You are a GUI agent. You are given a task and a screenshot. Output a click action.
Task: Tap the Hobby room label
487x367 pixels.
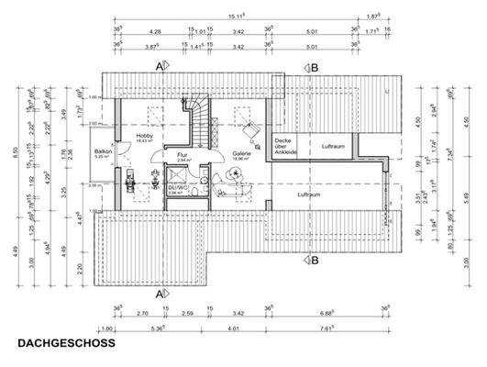coord(145,137)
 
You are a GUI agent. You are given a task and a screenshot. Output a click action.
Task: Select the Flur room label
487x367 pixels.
coord(183,154)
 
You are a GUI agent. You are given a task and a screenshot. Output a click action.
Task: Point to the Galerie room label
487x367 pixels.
coord(241,154)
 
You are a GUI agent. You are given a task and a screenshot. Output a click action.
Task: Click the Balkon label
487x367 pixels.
coord(103,152)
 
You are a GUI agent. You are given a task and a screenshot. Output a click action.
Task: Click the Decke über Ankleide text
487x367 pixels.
coord(283,146)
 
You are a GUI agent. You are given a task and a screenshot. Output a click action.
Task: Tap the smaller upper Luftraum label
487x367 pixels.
coord(332,146)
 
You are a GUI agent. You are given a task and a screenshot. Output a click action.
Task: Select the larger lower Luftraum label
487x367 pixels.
coord(310,195)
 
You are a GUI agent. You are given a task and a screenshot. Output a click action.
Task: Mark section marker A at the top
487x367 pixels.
coord(160,67)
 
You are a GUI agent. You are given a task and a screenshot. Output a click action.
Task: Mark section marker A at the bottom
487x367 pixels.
coord(160,294)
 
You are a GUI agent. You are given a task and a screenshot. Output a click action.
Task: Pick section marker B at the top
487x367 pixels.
coord(312,67)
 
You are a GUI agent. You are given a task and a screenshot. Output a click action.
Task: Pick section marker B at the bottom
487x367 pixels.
coord(312,260)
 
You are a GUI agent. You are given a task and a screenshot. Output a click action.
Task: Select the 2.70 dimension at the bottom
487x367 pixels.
coord(141,313)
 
